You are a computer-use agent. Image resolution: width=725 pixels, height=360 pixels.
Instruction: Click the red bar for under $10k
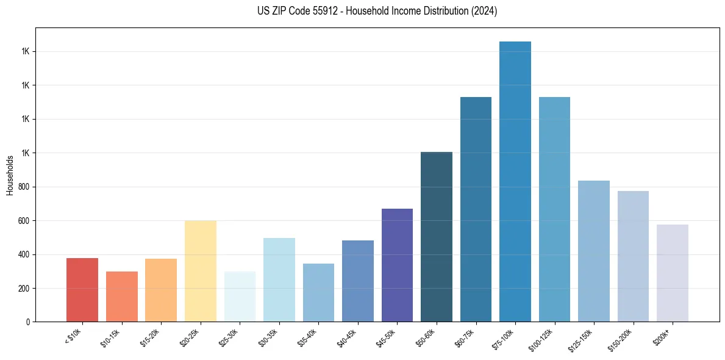click(x=82, y=290)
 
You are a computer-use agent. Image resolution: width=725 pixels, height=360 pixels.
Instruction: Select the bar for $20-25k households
click(x=200, y=271)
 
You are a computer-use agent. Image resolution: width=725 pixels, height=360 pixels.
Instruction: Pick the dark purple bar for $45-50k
click(x=397, y=265)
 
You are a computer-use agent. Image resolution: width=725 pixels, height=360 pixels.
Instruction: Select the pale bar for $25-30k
click(x=240, y=297)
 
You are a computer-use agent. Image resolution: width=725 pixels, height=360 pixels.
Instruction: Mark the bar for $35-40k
click(x=318, y=292)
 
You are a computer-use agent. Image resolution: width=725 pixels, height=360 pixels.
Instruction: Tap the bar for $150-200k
click(x=633, y=256)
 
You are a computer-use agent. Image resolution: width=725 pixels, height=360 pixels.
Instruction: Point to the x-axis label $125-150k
click(x=582, y=339)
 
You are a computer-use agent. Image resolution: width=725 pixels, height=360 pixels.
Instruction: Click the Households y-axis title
click(x=10, y=175)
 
